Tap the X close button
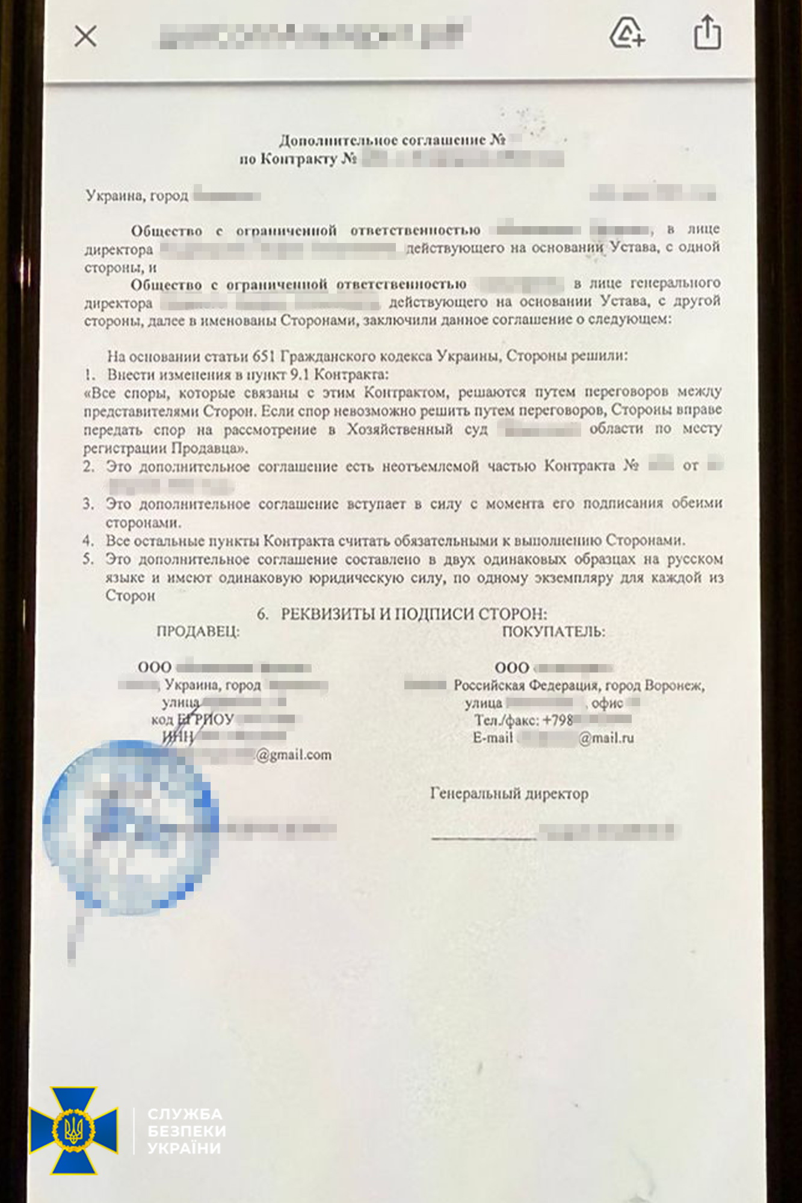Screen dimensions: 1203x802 pos(85,37)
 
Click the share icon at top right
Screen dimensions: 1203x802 pos(707,32)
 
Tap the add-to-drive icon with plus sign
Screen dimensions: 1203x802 pos(627,33)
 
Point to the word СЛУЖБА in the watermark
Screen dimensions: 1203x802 pos(185,1114)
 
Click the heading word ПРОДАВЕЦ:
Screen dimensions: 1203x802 pos(198,632)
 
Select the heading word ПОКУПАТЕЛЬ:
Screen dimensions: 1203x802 pos(554,632)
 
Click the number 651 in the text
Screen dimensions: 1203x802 pos(264,356)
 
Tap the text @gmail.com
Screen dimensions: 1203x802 pos(294,755)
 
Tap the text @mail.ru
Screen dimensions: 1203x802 pos(606,738)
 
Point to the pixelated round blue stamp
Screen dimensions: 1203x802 pos(129,827)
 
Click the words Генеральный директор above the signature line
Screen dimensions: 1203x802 pos(509,794)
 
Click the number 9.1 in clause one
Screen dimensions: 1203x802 pos(300,375)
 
